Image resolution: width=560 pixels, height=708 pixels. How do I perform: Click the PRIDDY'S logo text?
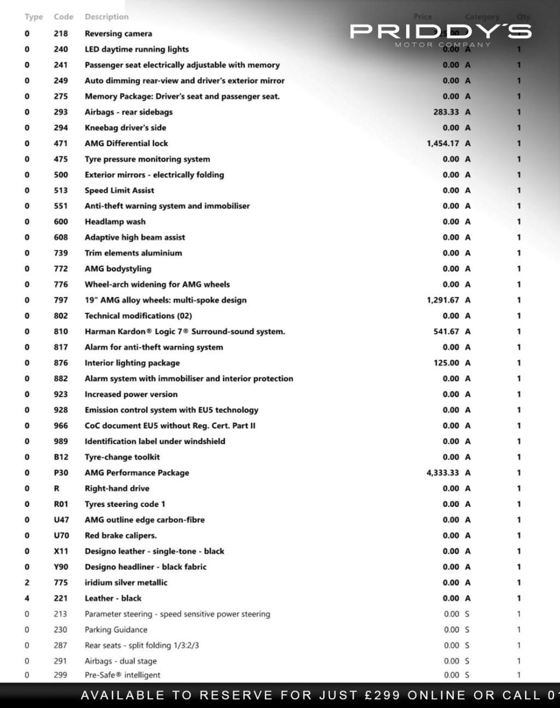coord(440,31)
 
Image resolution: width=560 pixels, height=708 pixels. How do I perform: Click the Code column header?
coord(63,17)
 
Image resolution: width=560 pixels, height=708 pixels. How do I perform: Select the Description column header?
coord(107,17)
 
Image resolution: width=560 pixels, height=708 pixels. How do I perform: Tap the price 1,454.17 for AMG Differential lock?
coord(442,143)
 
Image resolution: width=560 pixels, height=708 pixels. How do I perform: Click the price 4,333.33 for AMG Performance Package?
coord(442,472)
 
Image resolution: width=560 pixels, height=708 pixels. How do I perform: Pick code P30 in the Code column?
coord(61,472)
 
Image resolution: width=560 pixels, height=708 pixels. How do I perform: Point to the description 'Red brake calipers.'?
coord(120,535)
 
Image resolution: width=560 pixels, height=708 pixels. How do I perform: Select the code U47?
coord(61,519)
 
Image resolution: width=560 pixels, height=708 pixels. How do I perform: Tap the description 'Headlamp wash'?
coord(115,221)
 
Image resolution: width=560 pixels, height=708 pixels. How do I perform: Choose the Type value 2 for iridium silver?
coord(27,582)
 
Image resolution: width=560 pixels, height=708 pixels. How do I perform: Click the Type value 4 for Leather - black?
coord(27,598)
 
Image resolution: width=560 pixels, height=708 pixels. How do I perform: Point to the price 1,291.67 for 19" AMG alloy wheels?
coord(442,300)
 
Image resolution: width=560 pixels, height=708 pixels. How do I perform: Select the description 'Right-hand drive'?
coord(116,488)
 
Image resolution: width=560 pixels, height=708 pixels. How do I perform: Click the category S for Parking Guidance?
coord(467,630)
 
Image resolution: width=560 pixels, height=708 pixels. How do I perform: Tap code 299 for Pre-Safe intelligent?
coord(60,675)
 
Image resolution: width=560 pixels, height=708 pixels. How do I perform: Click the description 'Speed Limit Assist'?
coord(119,190)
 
